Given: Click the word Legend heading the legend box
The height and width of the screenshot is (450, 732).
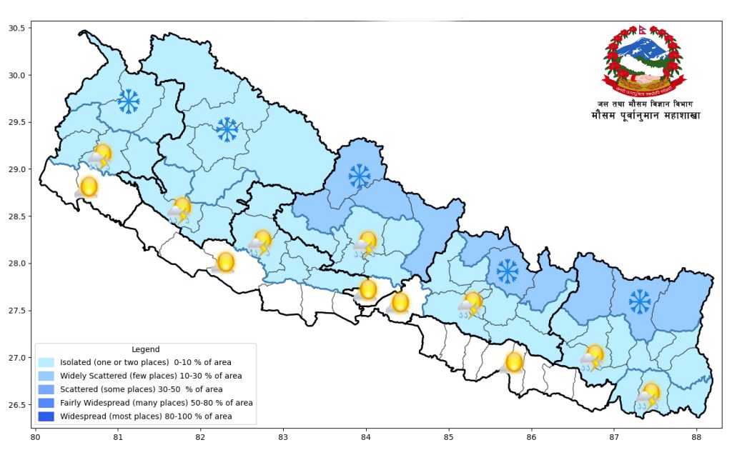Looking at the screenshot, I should coord(146,349).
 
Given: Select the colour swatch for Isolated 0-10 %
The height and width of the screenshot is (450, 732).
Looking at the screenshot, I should coord(47,362).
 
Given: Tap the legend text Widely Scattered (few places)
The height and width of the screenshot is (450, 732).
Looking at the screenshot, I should coord(151,376).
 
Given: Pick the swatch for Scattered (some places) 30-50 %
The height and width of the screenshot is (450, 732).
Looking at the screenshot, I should coord(47,389).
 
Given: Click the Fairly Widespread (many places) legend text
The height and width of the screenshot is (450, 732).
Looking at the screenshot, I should coord(156,403).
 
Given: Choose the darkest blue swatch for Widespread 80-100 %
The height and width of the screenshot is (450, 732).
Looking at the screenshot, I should coord(47,416).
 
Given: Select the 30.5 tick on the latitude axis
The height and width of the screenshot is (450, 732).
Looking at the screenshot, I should coord(16,28).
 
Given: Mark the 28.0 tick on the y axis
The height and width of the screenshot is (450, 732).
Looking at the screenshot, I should coord(16,264).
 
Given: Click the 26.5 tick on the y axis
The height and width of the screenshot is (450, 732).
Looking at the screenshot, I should coord(16,405).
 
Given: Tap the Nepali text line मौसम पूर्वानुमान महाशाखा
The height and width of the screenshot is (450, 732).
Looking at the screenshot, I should coord(646,116).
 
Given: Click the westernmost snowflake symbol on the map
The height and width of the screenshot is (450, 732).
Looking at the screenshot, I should coord(129,101).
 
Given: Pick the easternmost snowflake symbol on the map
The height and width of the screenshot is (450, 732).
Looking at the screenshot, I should coord(640,301).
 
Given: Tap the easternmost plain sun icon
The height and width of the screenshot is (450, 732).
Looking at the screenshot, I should coord(513,362).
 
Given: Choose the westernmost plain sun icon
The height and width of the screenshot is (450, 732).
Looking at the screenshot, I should coord(87,187).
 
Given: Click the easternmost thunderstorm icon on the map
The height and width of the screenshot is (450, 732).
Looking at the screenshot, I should coord(649,395).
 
